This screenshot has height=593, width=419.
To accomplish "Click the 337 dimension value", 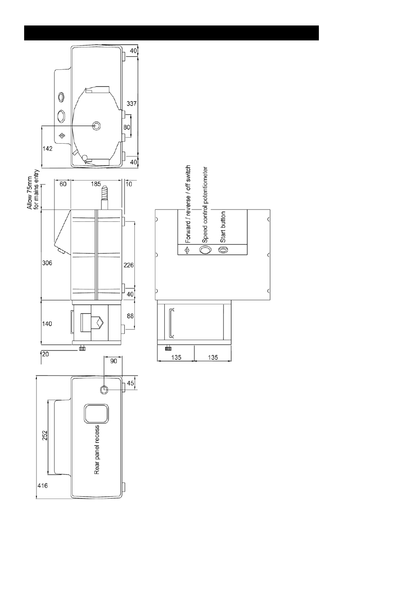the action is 132,103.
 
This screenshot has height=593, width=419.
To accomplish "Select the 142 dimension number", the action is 47,148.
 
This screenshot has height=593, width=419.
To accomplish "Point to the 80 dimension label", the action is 127,127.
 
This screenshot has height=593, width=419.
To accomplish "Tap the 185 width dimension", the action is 96,184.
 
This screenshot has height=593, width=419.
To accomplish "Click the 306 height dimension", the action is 47,263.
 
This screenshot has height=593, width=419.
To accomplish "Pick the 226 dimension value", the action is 129,265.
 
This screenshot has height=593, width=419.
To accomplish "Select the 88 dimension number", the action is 130,316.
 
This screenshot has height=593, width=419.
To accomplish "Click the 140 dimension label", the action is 47,323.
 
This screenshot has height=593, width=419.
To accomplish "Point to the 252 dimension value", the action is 45,435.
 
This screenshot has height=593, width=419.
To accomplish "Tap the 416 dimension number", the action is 42,485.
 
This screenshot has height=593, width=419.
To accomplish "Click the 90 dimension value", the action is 114,361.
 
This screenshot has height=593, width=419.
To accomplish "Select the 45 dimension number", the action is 130,383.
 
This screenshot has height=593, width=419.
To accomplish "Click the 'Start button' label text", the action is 223,227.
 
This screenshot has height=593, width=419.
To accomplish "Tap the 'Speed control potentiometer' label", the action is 205,205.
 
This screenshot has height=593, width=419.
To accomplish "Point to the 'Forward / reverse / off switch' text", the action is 188,204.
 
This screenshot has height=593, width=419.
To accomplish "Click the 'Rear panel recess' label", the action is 97,450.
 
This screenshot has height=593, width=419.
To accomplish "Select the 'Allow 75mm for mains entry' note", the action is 33,189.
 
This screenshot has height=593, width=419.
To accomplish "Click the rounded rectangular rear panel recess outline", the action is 84,413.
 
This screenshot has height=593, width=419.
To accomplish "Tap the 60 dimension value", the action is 63,184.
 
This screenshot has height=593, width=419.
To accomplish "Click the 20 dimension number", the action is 46,354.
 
